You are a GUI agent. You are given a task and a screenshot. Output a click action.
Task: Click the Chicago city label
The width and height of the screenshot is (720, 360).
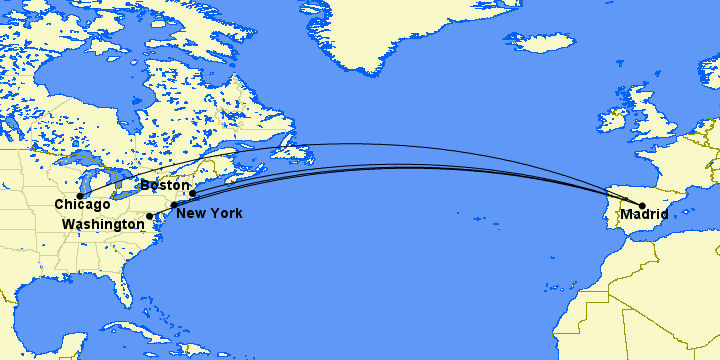pos(82,204)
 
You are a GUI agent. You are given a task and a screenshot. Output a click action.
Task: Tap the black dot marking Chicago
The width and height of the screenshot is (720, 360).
pos(81,196)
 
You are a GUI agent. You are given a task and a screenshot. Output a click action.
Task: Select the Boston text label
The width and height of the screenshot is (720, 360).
pos(164,185)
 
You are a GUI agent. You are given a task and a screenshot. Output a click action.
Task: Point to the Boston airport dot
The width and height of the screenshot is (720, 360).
pos(193,193)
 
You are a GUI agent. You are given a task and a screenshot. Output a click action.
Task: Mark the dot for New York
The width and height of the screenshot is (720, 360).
pos(174,205)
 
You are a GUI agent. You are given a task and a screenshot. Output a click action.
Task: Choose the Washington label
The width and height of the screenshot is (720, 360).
pos(103,225)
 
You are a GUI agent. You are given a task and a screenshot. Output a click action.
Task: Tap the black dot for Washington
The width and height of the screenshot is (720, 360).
pos(150,216)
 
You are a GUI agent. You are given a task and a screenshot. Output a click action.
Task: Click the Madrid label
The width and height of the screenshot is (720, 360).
pos(644,214)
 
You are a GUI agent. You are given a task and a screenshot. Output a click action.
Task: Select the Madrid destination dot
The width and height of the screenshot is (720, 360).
pos(642,206)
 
